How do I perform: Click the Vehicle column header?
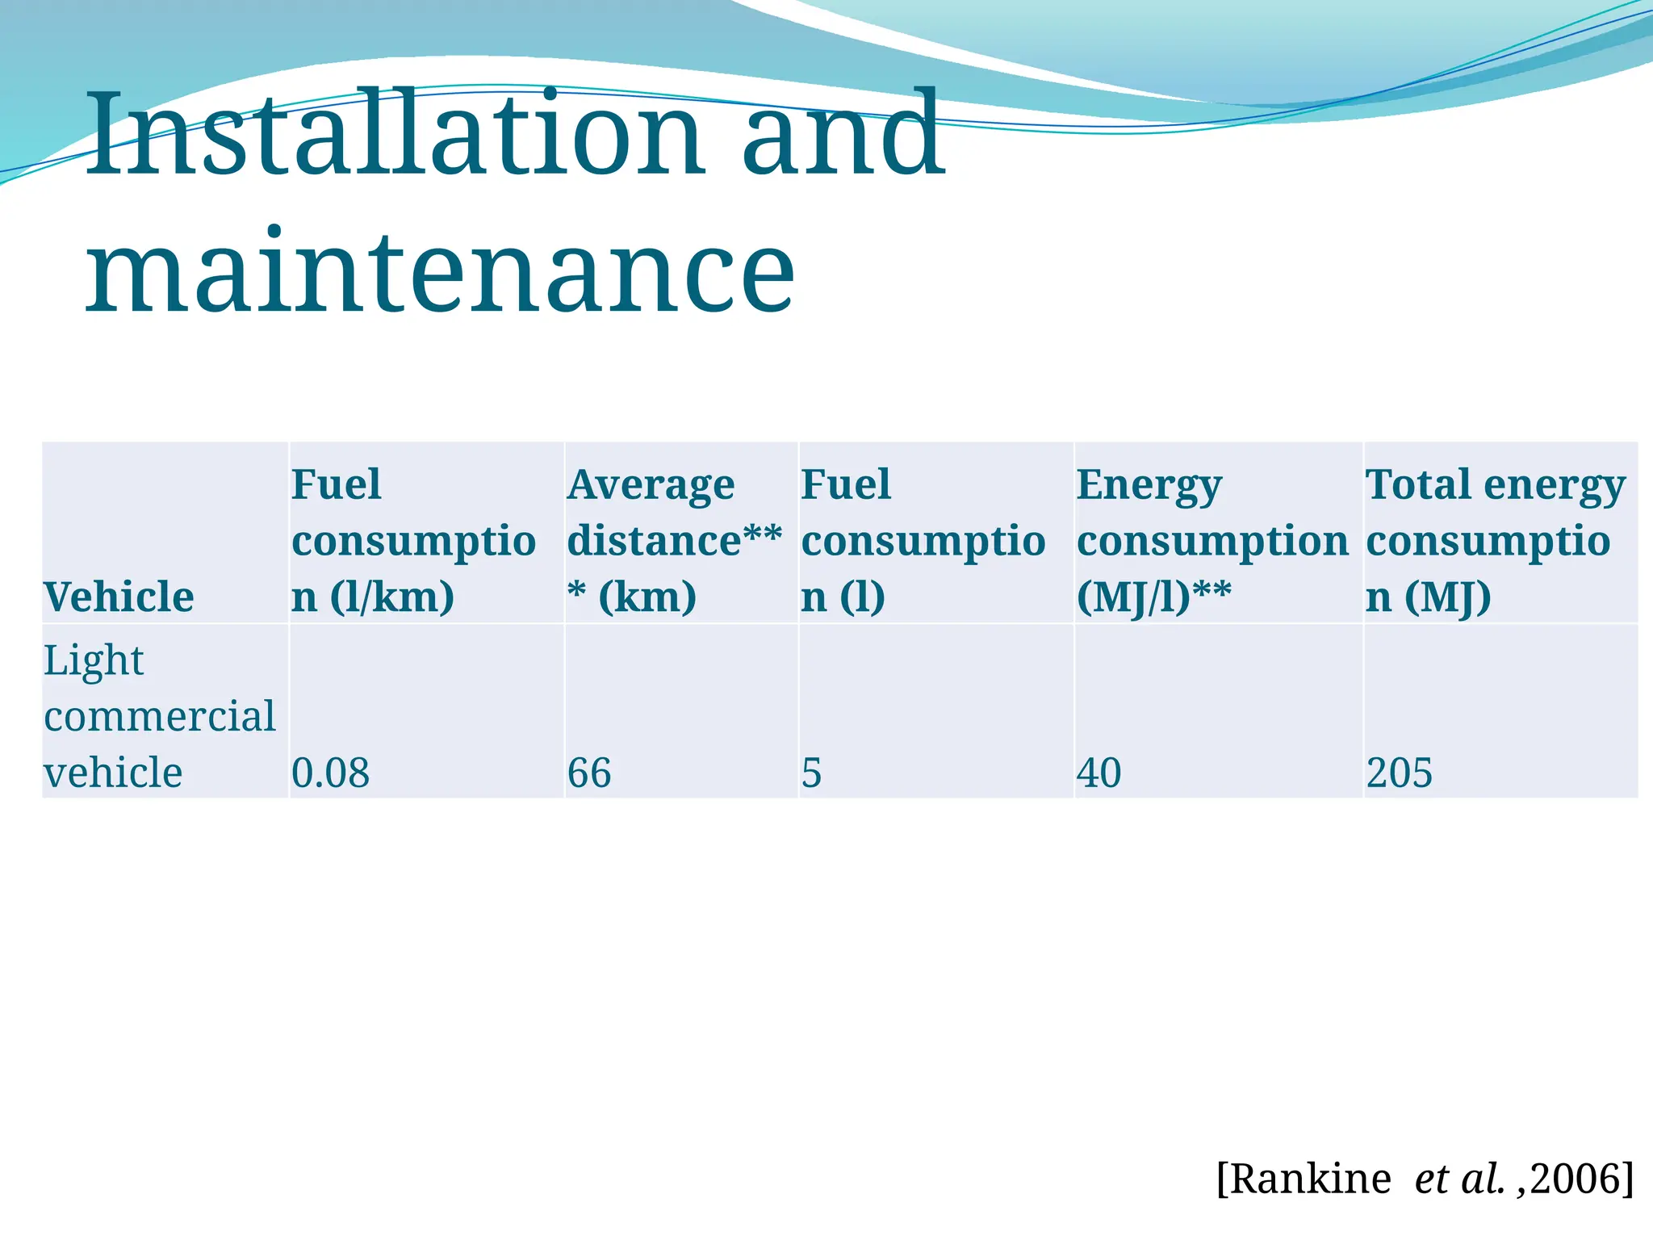click(x=119, y=597)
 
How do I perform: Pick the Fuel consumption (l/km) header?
click(x=412, y=540)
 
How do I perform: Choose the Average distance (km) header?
click(x=674, y=540)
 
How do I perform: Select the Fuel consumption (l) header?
click(x=923, y=540)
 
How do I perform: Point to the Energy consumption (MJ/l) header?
click(x=1212, y=540)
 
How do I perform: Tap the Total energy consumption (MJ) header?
click(x=1495, y=540)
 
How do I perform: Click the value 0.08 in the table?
click(x=330, y=773)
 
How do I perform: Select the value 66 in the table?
click(x=589, y=773)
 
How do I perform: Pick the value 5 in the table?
click(x=811, y=773)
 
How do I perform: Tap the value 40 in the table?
click(x=1099, y=773)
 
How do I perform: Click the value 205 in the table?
click(x=1399, y=773)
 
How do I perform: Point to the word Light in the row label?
click(x=94, y=661)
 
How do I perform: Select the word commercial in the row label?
click(x=160, y=716)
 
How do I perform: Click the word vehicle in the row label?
click(x=113, y=773)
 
